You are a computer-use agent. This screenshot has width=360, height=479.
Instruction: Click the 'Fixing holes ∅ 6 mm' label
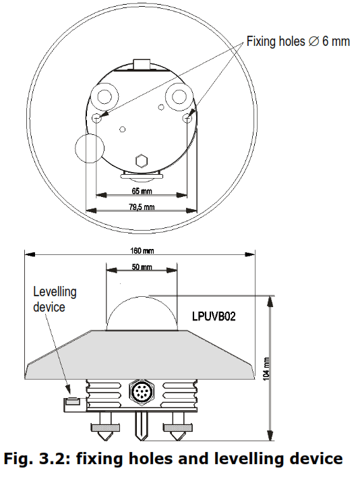(x=299, y=42)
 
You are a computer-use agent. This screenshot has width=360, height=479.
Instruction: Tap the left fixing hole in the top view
(x=97, y=118)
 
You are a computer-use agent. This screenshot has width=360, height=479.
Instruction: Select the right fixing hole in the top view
(x=189, y=118)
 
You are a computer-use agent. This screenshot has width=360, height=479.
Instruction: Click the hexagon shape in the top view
(x=142, y=161)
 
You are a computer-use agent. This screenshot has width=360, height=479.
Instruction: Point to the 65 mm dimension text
(x=141, y=191)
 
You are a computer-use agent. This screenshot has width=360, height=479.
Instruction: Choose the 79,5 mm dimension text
(x=141, y=207)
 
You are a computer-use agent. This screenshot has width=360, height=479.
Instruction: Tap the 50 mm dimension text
(x=141, y=267)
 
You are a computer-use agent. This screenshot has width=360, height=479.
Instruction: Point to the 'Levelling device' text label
(x=55, y=299)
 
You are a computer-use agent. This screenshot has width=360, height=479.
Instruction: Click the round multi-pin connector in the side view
(x=140, y=391)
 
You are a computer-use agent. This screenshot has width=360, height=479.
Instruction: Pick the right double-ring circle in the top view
(x=180, y=96)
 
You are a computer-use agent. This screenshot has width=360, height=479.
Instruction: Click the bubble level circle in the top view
(x=90, y=148)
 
